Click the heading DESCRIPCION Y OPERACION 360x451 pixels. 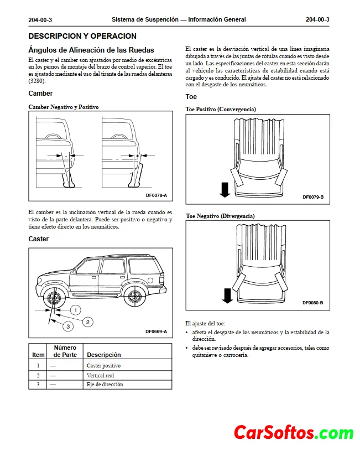[82, 36]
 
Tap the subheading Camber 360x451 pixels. [40, 94]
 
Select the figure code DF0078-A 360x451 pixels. [156, 196]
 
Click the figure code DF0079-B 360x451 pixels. [313, 197]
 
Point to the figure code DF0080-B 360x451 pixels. [312, 303]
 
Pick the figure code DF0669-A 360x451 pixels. [156, 331]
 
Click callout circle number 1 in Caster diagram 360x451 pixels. [76, 310]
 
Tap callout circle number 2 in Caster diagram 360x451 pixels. [87, 321]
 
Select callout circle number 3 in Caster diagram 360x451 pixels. [68, 326]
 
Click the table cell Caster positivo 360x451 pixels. [103, 366]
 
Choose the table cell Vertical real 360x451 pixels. [100, 375]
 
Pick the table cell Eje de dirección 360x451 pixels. [105, 384]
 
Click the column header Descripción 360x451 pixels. [103, 355]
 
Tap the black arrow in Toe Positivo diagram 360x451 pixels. [225, 189]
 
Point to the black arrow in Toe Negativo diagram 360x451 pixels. [227, 295]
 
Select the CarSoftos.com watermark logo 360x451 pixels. [293, 432]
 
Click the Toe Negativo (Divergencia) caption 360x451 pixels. [220, 216]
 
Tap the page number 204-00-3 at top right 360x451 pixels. [317, 19]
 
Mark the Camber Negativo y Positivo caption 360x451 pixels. [64, 107]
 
